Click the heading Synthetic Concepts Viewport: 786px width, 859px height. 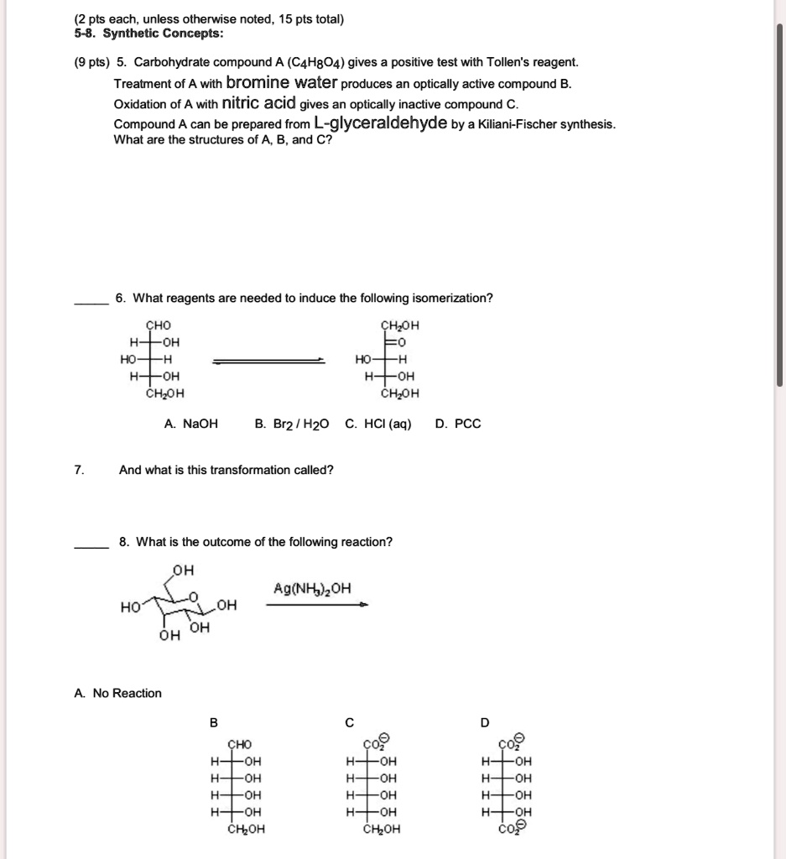click(x=163, y=34)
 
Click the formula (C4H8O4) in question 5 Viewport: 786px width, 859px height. click(x=309, y=63)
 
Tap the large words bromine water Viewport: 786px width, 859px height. click(x=282, y=83)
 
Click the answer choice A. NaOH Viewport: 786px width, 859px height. click(x=190, y=424)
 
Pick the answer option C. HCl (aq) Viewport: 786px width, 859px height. click(x=378, y=424)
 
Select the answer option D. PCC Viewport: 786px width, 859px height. click(x=458, y=424)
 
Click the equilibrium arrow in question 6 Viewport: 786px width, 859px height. click(x=268, y=360)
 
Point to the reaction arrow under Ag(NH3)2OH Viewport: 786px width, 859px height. click(x=316, y=606)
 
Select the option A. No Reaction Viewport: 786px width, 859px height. click(x=117, y=693)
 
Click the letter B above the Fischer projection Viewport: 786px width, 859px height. click(x=213, y=722)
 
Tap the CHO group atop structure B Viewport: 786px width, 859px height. click(x=239, y=744)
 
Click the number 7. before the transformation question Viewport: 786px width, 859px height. click(x=78, y=470)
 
